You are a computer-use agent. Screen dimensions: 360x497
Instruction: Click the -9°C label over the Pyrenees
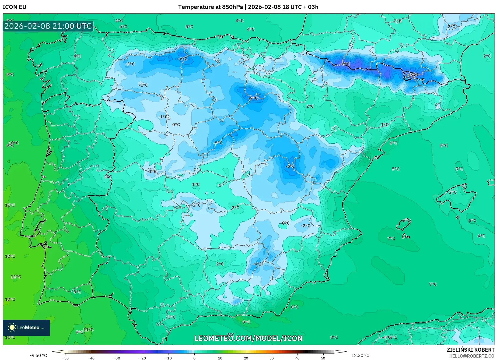pos(346,64)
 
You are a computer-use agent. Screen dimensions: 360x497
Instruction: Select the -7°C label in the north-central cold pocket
pos(253,98)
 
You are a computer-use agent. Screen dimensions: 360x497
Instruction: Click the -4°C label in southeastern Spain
pos(257,264)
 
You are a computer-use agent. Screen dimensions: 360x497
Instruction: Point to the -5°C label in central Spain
pos(218,143)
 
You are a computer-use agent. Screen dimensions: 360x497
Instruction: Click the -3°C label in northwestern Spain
pos(130,64)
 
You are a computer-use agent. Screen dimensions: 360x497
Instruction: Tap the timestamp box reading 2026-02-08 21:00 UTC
pos(48,26)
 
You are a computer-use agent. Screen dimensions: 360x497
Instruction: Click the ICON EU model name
pos(15,7)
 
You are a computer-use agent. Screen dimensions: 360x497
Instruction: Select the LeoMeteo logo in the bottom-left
pos(26,327)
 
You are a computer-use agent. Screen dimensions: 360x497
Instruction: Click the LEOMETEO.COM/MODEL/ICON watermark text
pos(248,338)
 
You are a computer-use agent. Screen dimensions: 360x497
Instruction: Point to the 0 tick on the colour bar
pos(194,358)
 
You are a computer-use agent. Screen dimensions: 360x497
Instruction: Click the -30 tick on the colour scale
pos(117,358)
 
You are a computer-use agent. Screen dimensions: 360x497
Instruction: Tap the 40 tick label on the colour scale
pos(297,358)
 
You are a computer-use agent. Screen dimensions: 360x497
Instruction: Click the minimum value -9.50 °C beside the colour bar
pos(38,355)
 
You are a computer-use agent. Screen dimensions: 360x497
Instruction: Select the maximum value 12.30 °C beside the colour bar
pos(360,355)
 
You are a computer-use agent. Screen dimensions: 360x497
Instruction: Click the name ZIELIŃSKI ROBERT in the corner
pos(471,350)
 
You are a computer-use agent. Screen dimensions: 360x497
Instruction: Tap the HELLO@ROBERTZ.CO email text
pos(472,356)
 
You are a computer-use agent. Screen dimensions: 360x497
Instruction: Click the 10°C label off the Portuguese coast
pos(14,143)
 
